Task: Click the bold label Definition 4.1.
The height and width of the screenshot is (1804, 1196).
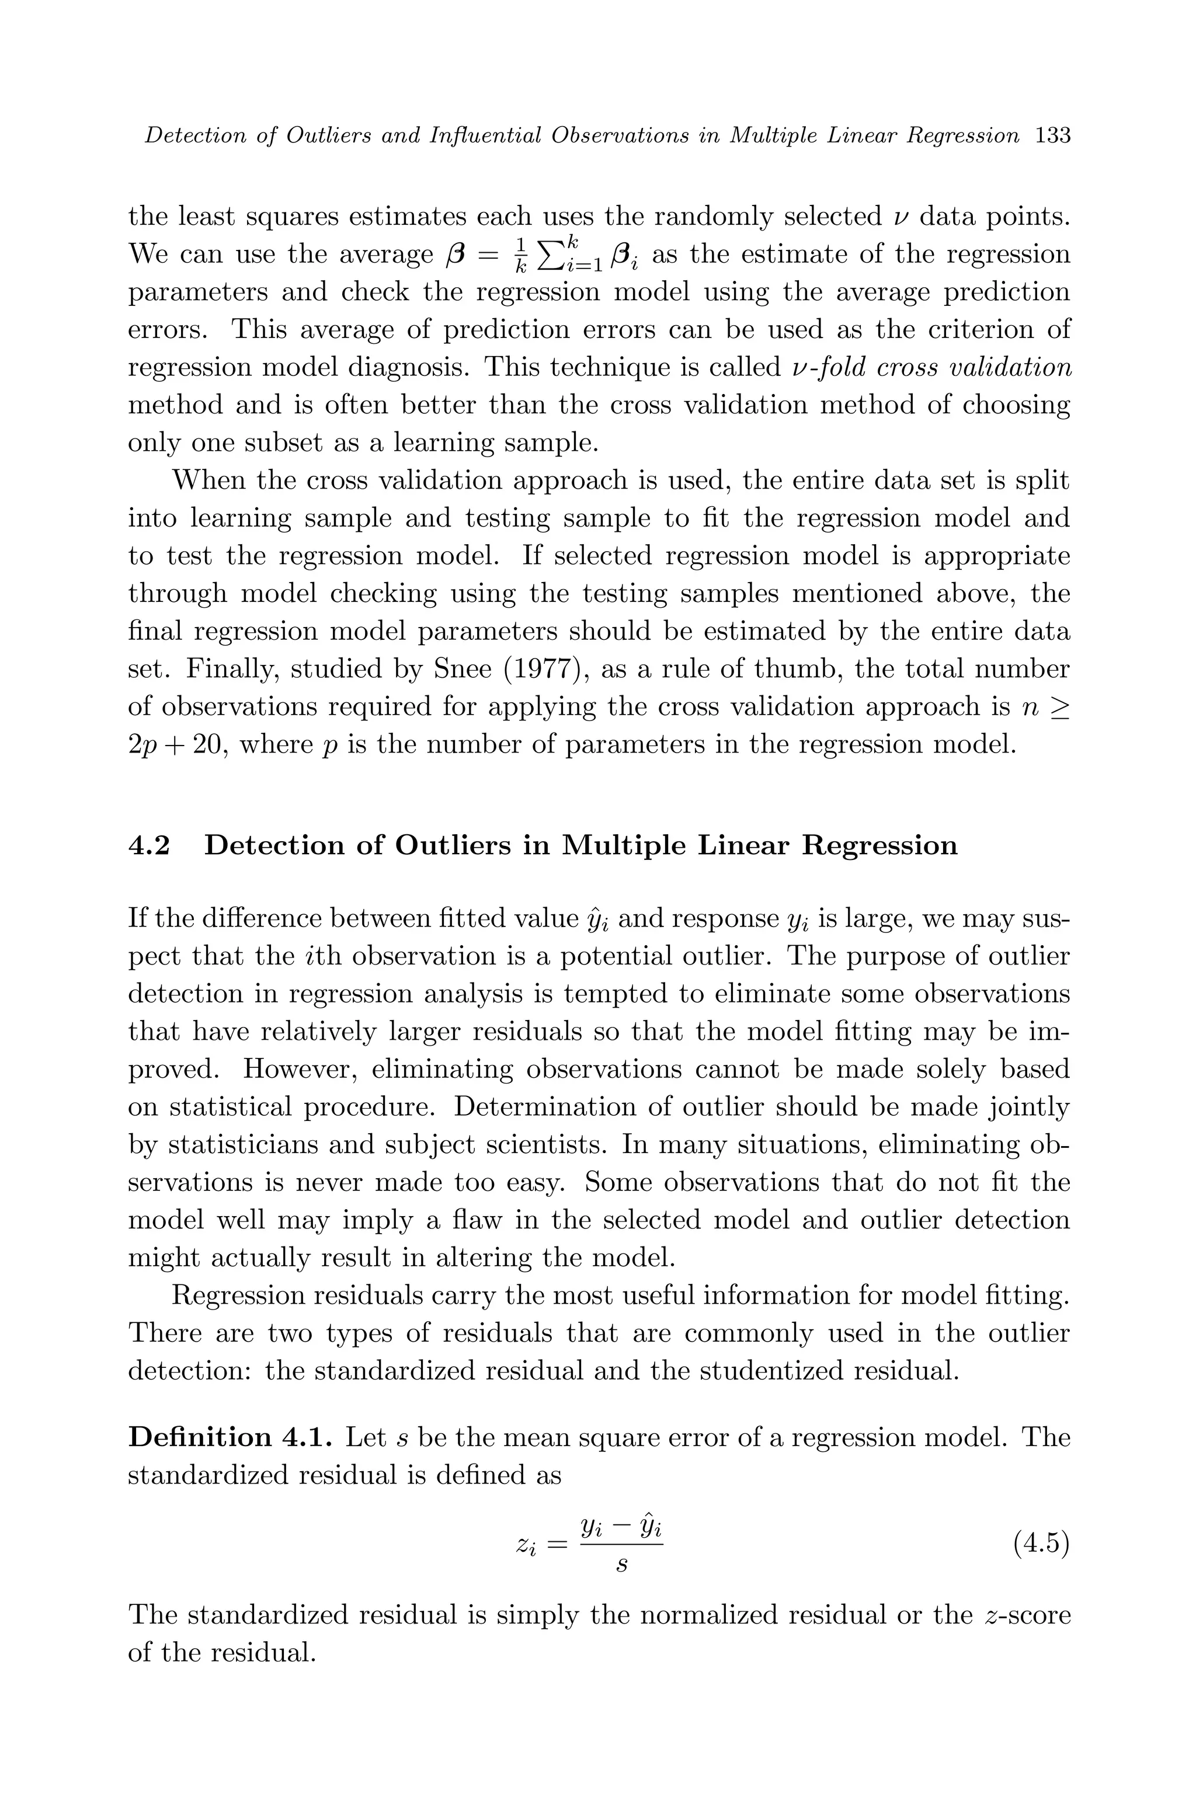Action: pos(230,1437)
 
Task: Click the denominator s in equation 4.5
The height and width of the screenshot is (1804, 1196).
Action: pos(621,1566)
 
